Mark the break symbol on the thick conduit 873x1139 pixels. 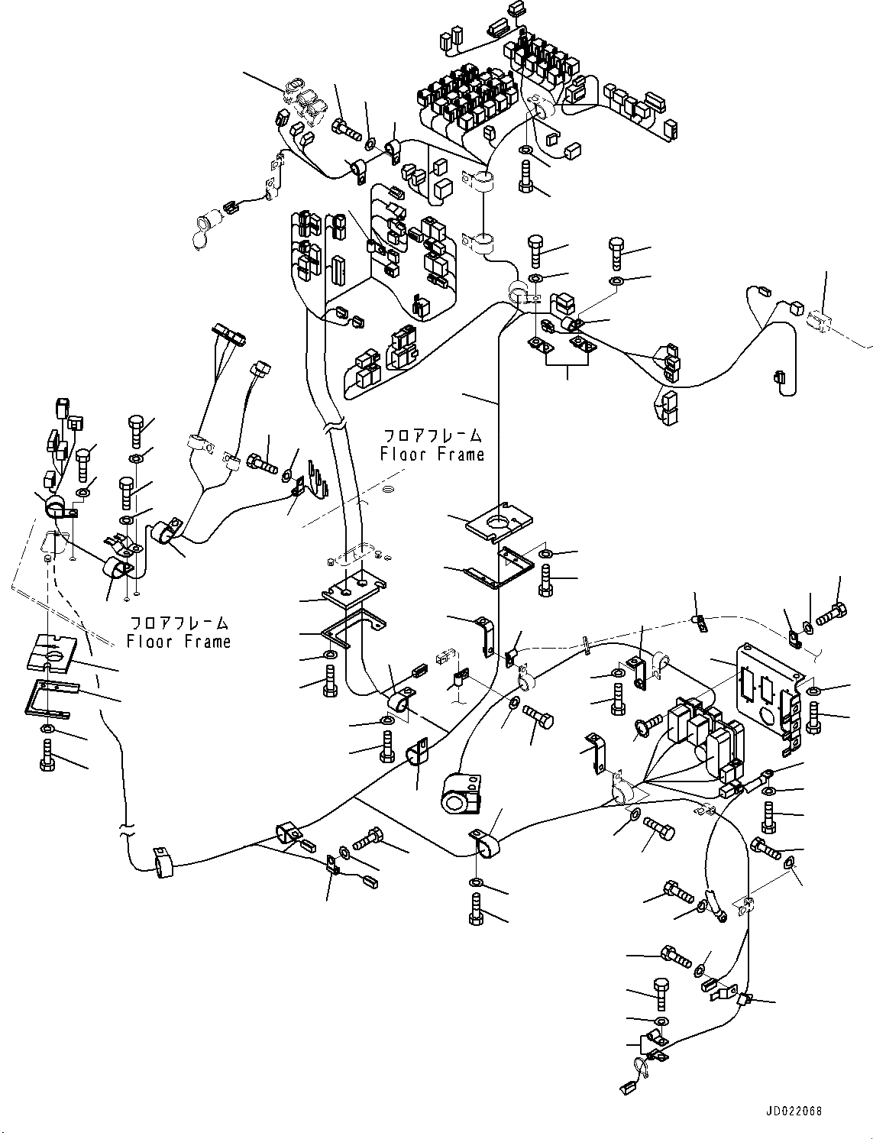tap(335, 431)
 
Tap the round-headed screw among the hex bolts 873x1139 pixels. tap(645, 726)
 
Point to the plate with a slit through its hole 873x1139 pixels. tap(51, 650)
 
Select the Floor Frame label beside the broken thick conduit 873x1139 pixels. tap(432, 446)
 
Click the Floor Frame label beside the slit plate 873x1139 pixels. tap(179, 633)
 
